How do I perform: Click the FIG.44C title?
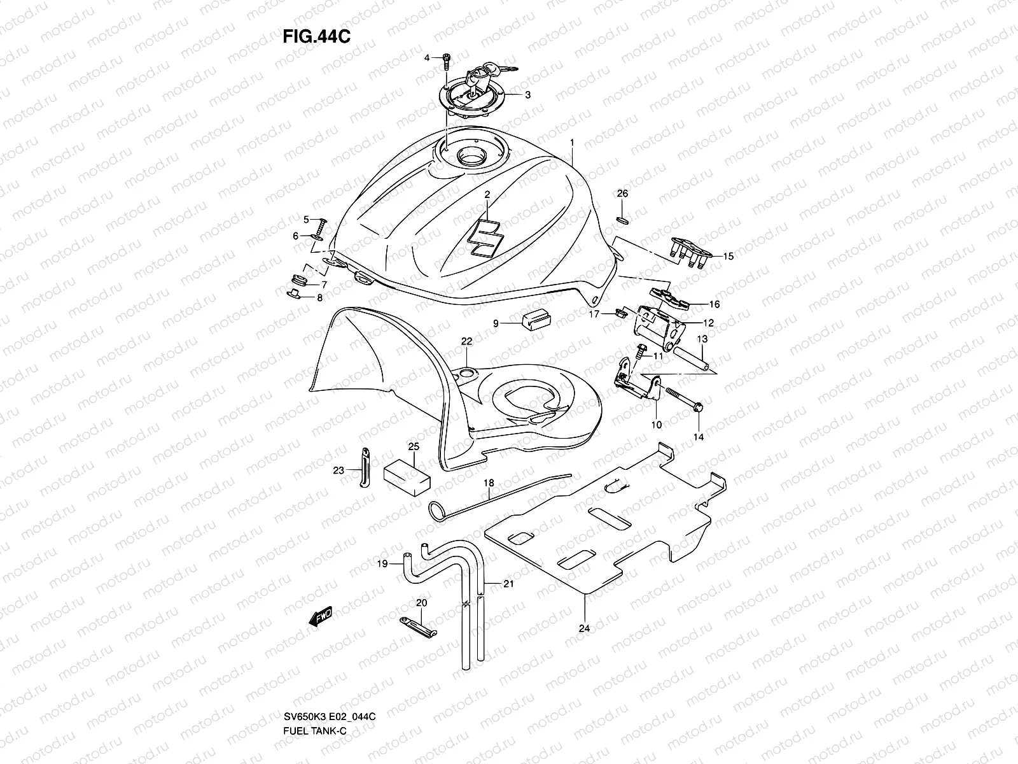pyautogui.click(x=316, y=36)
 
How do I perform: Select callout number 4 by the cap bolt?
pyautogui.click(x=428, y=58)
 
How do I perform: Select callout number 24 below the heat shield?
pyautogui.click(x=584, y=628)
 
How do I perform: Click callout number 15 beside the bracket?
pyautogui.click(x=728, y=257)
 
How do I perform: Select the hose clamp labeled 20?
pyautogui.click(x=417, y=626)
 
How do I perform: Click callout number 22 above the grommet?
pyautogui.click(x=466, y=342)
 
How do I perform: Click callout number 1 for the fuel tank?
pyautogui.click(x=572, y=143)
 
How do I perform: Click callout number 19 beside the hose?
pyautogui.click(x=382, y=563)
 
